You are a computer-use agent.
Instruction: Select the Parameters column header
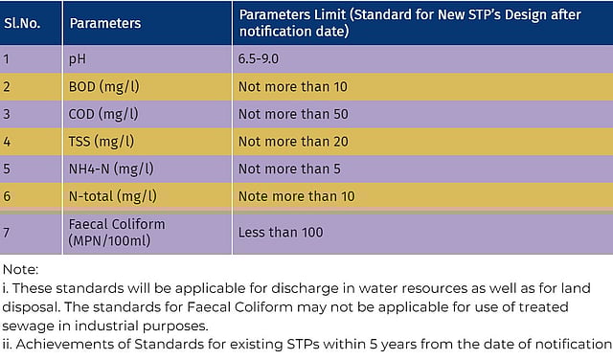[104, 23]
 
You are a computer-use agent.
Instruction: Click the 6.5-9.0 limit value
[263, 58]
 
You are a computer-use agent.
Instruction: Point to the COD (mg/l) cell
[103, 114]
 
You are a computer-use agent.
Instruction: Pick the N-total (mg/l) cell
[112, 196]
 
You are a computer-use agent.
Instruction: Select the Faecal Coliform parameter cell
[117, 231]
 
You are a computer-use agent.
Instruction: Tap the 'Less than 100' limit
[281, 232]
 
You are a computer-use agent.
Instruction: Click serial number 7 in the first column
[7, 232]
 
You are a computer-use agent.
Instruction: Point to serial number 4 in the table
[7, 142]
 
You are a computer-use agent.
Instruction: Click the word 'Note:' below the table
[21, 271]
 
